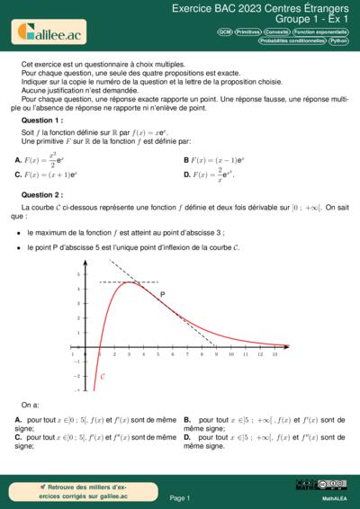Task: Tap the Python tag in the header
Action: point(339,40)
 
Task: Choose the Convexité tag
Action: point(277,31)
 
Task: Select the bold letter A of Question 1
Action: point(18,160)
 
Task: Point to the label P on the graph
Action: point(162,295)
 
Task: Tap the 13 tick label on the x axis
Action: point(274,354)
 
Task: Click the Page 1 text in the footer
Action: point(179,497)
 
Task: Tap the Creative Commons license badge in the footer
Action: point(322,485)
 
